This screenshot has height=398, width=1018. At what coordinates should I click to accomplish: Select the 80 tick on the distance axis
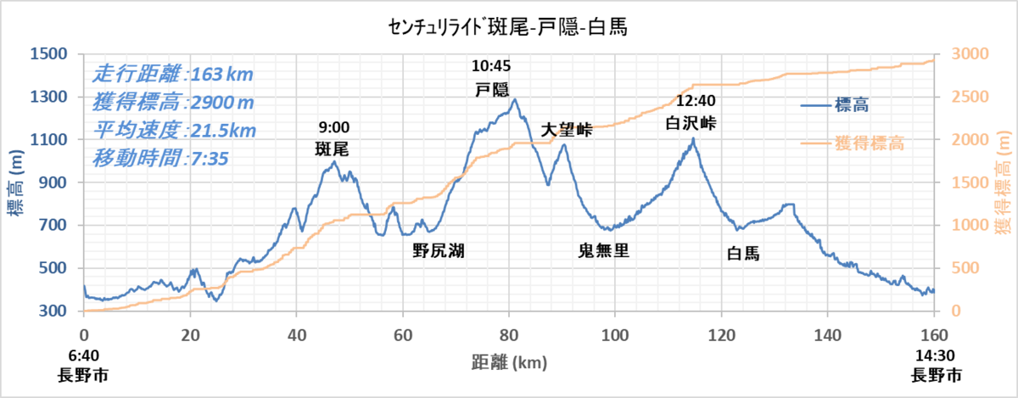tap(509, 334)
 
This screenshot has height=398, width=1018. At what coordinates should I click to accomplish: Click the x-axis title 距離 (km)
tap(509, 363)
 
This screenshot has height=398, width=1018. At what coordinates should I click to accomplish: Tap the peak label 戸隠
tap(492, 87)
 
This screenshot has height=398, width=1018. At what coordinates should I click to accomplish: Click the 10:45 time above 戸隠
tap(492, 65)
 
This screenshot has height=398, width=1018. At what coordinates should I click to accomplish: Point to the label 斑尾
tap(332, 149)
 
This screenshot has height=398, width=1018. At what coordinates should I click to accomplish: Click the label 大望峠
tap(567, 131)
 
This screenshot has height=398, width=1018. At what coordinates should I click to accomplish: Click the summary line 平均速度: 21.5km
tap(173, 131)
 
